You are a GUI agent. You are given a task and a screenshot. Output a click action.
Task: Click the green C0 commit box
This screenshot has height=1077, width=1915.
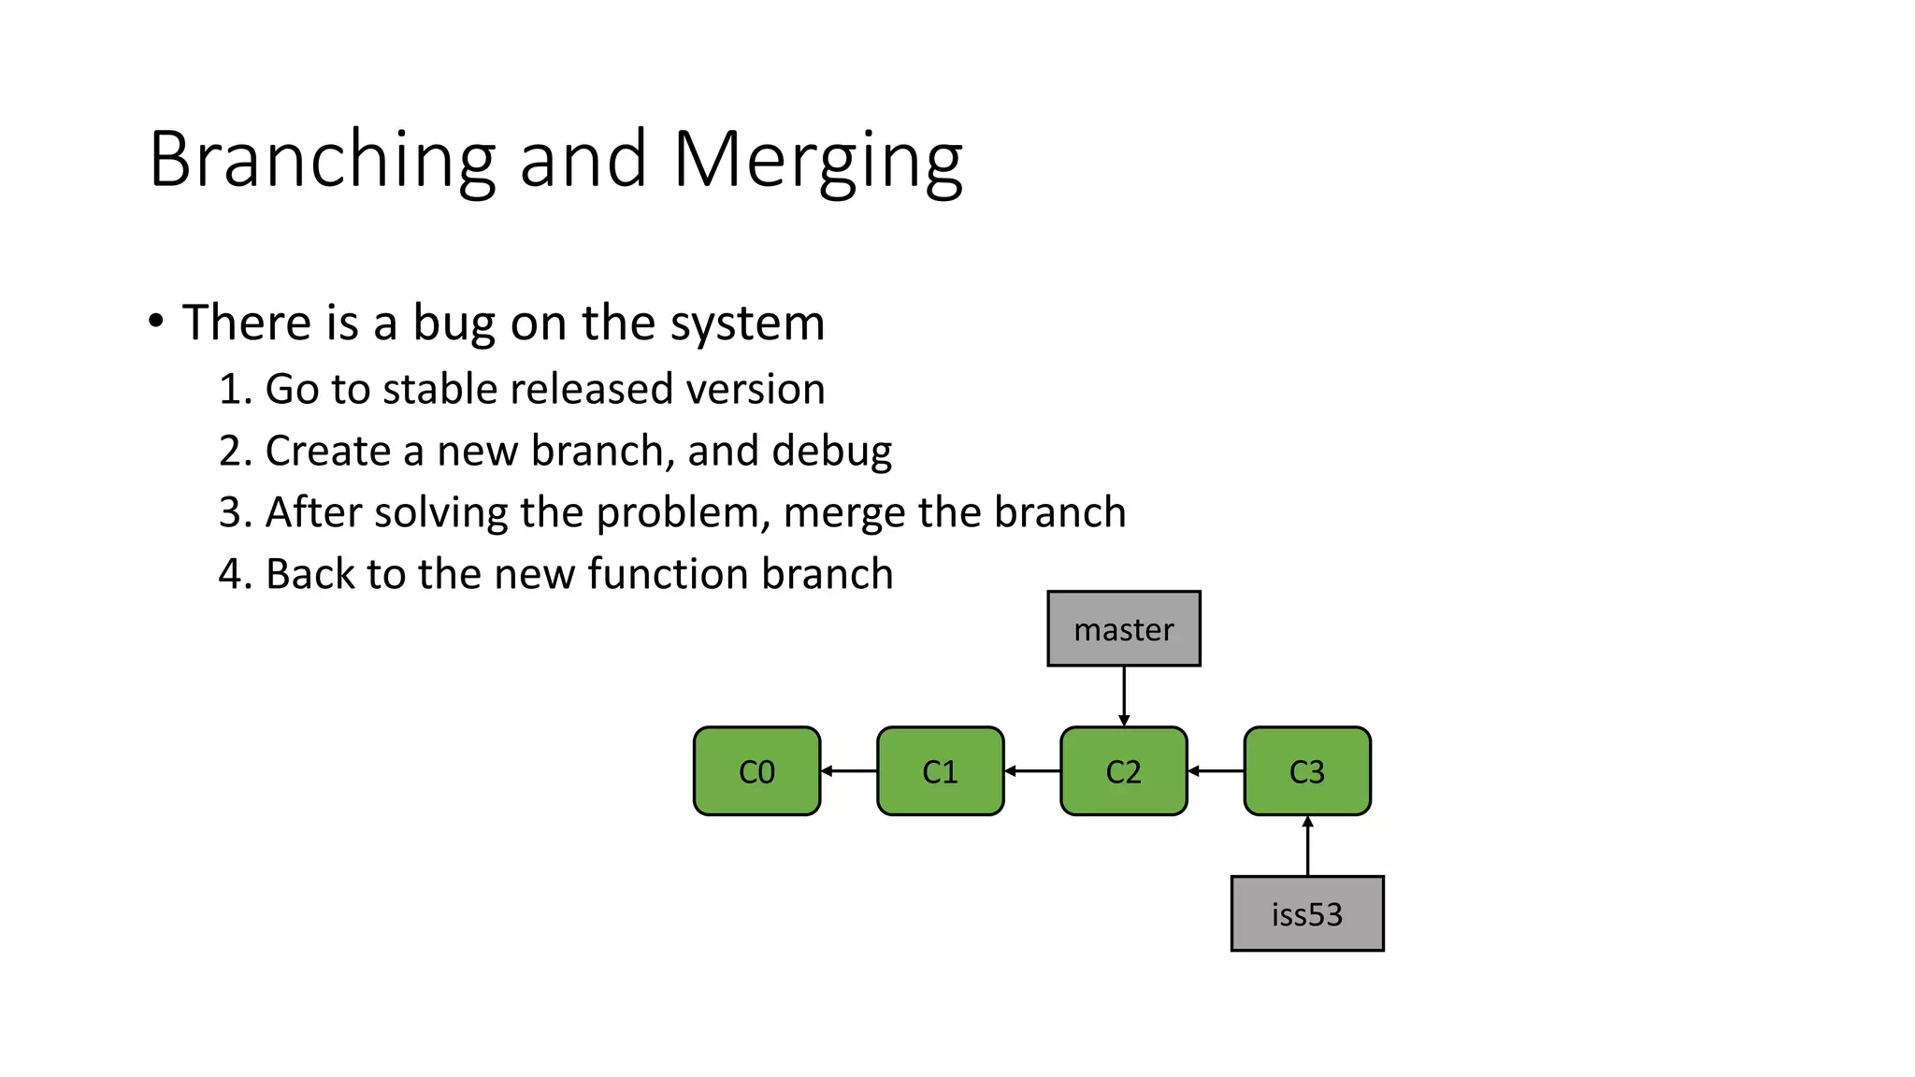[756, 771]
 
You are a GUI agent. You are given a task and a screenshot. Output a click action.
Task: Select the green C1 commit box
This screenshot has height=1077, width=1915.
[940, 771]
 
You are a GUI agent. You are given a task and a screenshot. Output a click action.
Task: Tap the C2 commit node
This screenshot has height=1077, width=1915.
[1123, 771]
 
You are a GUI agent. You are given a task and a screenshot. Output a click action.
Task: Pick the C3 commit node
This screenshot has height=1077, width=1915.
[1306, 771]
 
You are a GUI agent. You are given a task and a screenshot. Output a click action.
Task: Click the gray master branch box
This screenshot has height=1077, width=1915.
[1123, 628]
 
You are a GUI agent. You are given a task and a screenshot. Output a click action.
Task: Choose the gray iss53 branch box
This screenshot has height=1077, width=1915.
[1306, 913]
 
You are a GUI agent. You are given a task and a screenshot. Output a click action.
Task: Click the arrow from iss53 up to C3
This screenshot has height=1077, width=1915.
[1307, 846]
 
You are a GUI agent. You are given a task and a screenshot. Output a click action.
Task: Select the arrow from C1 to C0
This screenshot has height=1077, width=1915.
[849, 771]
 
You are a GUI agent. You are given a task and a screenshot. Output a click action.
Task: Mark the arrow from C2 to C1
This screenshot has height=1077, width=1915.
[1032, 771]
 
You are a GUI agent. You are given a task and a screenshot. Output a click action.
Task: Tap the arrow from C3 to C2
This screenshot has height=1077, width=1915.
[1216, 771]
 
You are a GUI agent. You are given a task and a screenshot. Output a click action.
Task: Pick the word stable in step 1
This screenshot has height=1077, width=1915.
[439, 389]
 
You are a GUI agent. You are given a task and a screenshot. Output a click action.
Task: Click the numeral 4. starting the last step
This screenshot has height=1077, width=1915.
[235, 574]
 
